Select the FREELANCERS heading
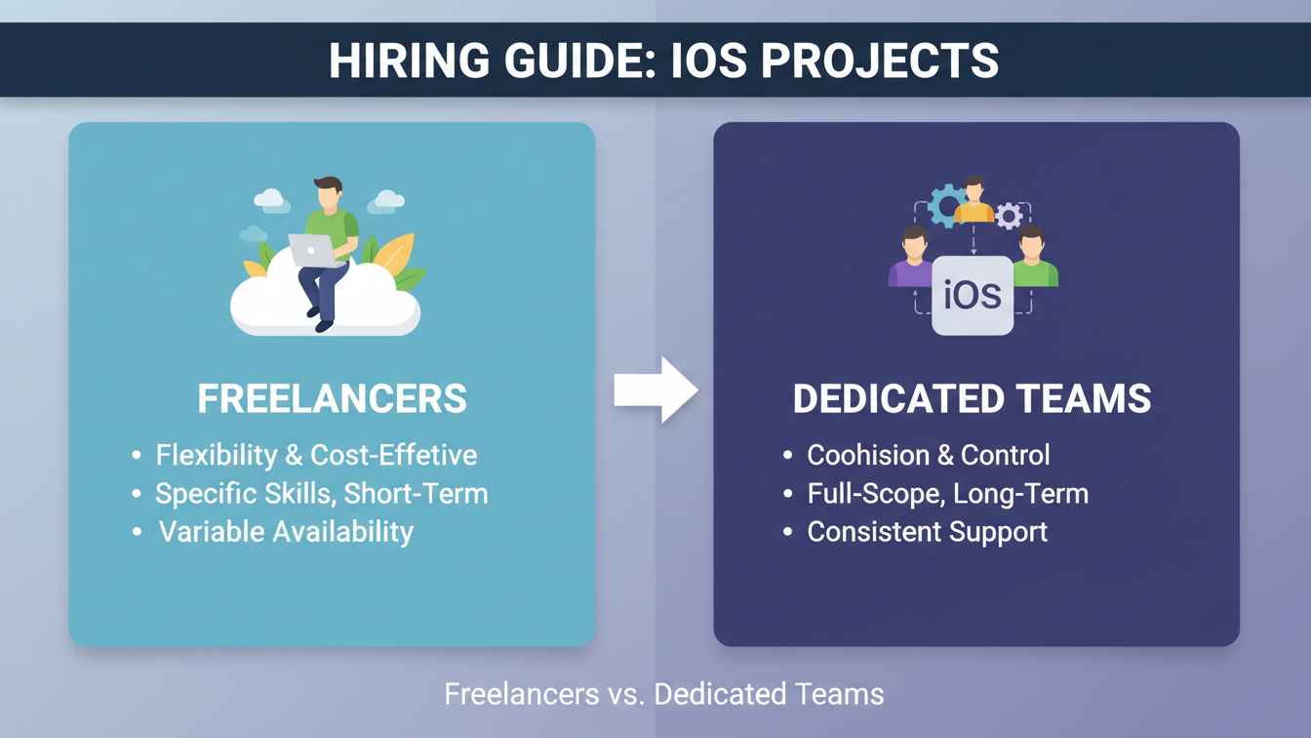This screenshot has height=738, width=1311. click(x=332, y=399)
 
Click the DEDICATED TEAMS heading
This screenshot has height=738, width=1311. click(x=972, y=399)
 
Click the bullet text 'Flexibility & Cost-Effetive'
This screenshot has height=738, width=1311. click(x=316, y=455)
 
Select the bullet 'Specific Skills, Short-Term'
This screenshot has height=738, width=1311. click(x=321, y=493)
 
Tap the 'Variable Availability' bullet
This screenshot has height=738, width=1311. click(x=286, y=532)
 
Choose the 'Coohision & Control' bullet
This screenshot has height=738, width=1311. click(x=928, y=455)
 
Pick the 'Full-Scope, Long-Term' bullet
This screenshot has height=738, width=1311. click(x=947, y=493)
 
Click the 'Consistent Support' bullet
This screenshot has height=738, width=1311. click(x=927, y=532)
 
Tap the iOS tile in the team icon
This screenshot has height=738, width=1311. click(x=973, y=295)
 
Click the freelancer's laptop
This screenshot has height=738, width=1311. click(x=311, y=250)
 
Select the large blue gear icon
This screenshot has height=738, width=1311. click(x=945, y=206)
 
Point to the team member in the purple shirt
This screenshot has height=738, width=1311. click(x=913, y=259)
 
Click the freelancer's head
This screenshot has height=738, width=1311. click(x=328, y=193)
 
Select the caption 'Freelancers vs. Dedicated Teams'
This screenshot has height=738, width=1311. click(x=663, y=694)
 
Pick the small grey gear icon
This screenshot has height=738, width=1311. click(x=1008, y=215)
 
